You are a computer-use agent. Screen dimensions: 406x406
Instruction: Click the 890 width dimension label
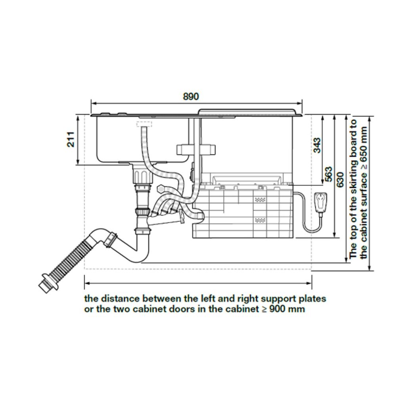click(x=191, y=96)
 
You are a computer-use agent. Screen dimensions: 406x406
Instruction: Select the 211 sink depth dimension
click(x=71, y=139)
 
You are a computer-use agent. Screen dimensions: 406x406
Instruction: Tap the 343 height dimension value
click(x=317, y=146)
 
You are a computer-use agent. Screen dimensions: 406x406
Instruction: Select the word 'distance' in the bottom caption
click(x=121, y=298)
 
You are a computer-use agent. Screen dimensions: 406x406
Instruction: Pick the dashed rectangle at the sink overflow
click(x=142, y=124)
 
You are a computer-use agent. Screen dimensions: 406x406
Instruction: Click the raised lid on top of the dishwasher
click(x=247, y=111)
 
